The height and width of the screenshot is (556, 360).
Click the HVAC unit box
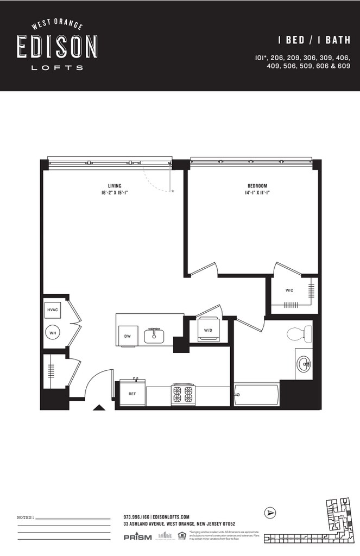pyautogui.click(x=53, y=309)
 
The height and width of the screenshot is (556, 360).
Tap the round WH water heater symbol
pyautogui.click(x=53, y=332)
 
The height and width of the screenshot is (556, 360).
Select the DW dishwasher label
pyautogui.click(x=127, y=336)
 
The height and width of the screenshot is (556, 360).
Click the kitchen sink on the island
pyautogui.click(x=154, y=336)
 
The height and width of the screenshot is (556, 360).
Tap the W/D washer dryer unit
pyautogui.click(x=208, y=330)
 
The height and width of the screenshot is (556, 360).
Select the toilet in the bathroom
pyautogui.click(x=300, y=334)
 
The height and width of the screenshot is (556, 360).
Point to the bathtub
pyautogui.click(x=256, y=394)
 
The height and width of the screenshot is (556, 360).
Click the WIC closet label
pyautogui.click(x=289, y=290)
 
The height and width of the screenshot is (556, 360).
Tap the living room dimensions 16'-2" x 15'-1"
pyautogui.click(x=114, y=193)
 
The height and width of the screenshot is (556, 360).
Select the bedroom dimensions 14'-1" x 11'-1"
pyautogui.click(x=257, y=193)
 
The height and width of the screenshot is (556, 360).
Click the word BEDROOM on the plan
pyautogui.click(x=257, y=186)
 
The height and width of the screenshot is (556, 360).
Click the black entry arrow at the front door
pyautogui.click(x=99, y=407)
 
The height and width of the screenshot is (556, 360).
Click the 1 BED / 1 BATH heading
pyautogui.click(x=314, y=40)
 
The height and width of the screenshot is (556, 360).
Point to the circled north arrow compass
pyautogui.click(x=270, y=512)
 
